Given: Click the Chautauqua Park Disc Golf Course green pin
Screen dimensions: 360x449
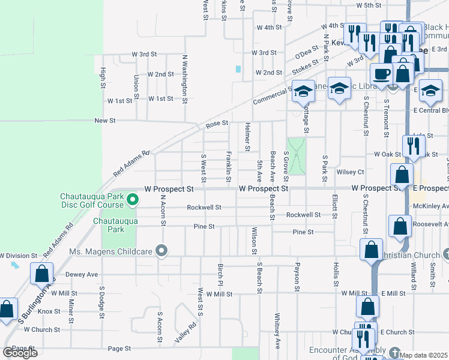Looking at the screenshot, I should [133, 200].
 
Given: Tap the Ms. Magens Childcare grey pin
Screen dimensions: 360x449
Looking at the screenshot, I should [161, 250].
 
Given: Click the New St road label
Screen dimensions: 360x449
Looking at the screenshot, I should [105, 121].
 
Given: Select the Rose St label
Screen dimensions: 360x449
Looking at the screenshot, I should [217, 124].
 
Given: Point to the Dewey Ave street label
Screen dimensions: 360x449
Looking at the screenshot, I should [81, 275].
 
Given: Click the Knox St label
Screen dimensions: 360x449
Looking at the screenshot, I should [49, 311].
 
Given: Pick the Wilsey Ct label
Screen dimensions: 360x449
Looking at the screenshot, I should [351, 172].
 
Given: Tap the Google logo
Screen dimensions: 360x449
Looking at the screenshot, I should [20, 353].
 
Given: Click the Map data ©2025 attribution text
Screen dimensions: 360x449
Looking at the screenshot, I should [423, 355].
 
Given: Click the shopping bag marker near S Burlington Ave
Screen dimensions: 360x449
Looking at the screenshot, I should [41, 274].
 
